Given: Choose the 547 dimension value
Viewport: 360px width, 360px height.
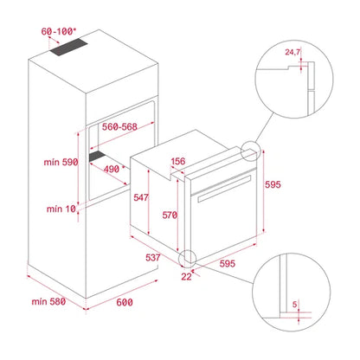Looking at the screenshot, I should [x=141, y=198].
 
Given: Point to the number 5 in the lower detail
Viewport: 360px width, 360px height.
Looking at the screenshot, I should [x=295, y=305].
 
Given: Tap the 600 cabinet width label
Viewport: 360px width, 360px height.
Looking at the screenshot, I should [x=125, y=303].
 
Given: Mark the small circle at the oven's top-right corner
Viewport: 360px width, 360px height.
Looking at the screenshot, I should [x=251, y=154].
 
